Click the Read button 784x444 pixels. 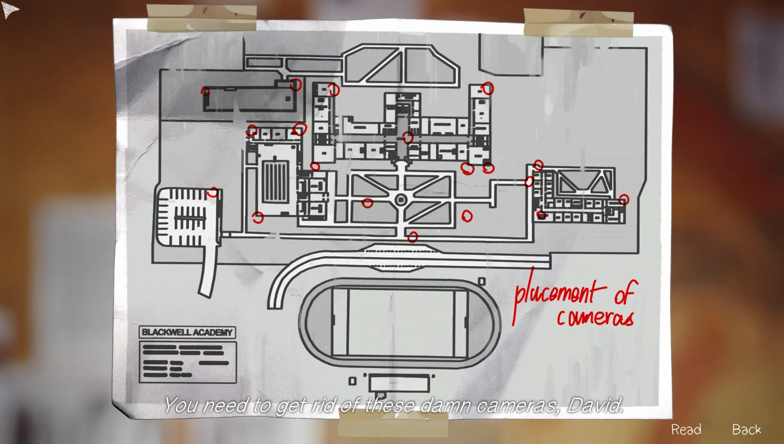(686, 429)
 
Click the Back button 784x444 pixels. (746, 429)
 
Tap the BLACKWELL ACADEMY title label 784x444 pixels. (187, 332)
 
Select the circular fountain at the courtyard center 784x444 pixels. (401, 200)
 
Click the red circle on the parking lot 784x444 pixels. (213, 192)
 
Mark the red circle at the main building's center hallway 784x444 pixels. (408, 138)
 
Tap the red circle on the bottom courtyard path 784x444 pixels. (413, 237)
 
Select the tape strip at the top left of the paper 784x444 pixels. (201, 18)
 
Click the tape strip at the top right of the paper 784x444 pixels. (579, 22)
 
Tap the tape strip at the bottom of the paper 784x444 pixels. (393, 424)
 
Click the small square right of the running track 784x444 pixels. (482, 281)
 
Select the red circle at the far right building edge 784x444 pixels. (624, 200)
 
